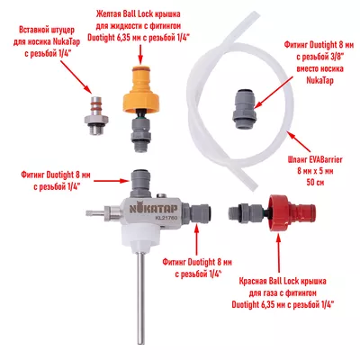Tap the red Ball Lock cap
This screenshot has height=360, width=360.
pyautogui.click(x=289, y=213)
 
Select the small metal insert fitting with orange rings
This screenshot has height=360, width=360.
pyautogui.click(x=95, y=115)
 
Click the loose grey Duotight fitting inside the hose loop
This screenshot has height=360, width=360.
pyautogui.click(x=245, y=109)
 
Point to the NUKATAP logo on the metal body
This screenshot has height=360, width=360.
pyautogui.click(x=153, y=209)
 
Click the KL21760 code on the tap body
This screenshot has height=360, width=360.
pyautogui.click(x=166, y=219)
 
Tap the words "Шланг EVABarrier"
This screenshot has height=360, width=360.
pyautogui.click(x=315, y=159)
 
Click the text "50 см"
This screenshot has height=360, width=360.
pyautogui.click(x=315, y=182)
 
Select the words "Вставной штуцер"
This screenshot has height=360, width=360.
pyautogui.click(x=47, y=31)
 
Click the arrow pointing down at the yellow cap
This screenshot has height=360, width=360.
pyautogui.click(x=140, y=55)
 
